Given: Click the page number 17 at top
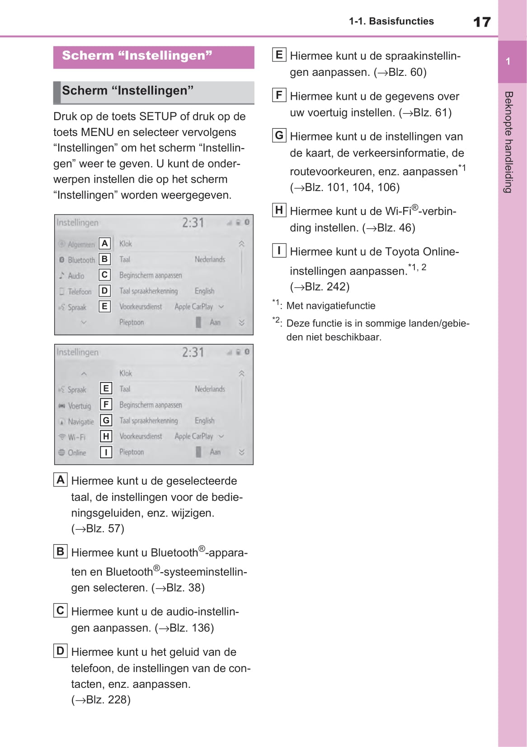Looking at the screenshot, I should click(x=481, y=22).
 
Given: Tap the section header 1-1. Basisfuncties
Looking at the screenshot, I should click(x=391, y=21).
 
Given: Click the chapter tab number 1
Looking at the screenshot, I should click(x=508, y=61).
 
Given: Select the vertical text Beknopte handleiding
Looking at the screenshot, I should click(x=508, y=142).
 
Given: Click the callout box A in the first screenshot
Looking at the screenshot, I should click(x=105, y=243).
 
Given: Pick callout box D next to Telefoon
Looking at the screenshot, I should click(x=105, y=291).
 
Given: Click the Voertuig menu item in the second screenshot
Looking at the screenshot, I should click(x=79, y=406).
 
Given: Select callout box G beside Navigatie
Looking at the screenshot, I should click(x=106, y=420).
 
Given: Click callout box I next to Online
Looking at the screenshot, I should click(x=106, y=452).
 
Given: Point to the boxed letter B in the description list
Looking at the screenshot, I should click(x=60, y=551).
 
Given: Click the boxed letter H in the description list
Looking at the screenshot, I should click(x=279, y=210).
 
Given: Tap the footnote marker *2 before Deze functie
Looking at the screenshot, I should click(x=276, y=321).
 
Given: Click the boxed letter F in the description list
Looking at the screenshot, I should click(x=279, y=95).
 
